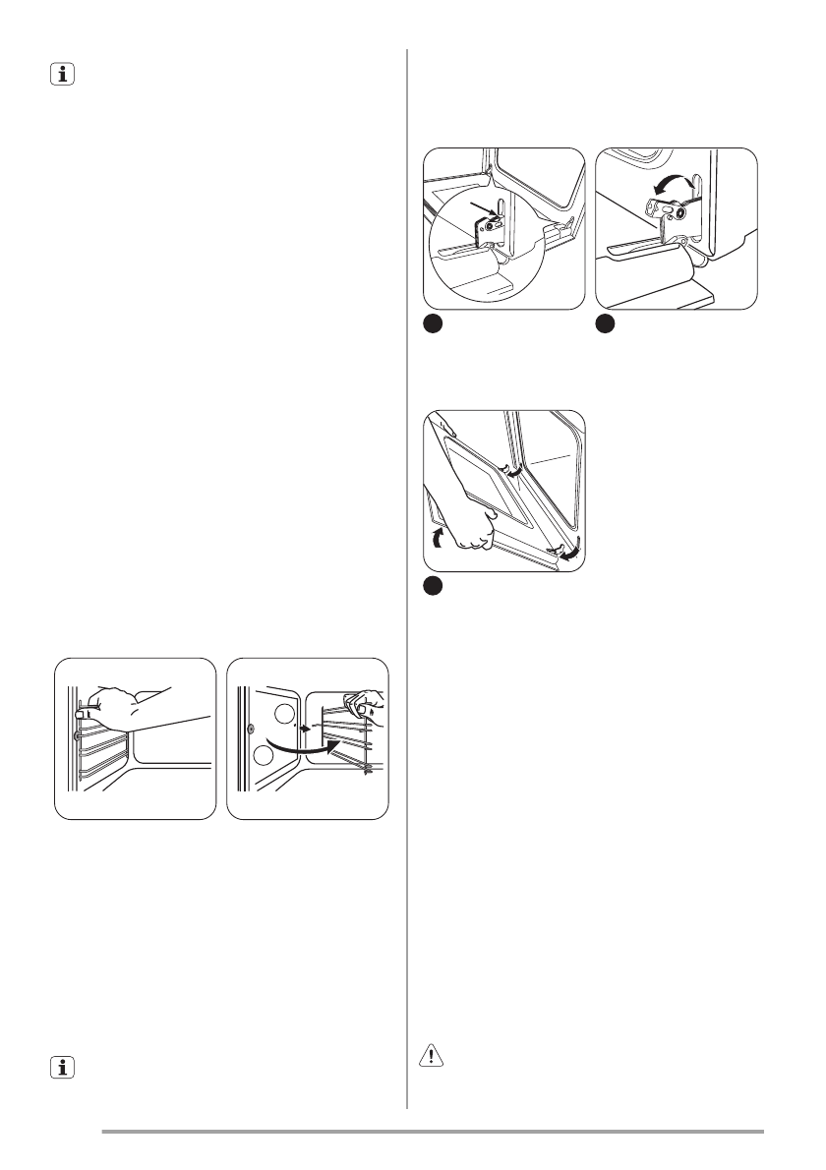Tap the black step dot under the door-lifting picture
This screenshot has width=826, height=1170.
click(x=432, y=586)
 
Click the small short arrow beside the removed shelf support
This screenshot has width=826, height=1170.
click(x=304, y=731)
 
